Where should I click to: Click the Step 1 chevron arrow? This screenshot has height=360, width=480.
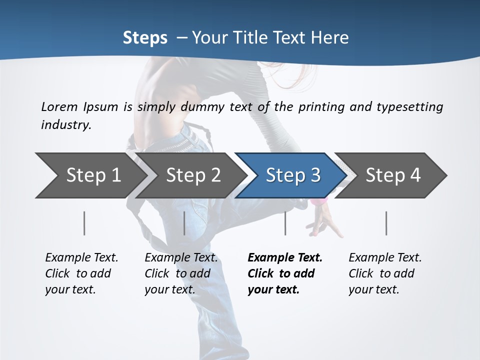(x=92, y=175)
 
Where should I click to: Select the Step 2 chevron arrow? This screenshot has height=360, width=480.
(x=193, y=175)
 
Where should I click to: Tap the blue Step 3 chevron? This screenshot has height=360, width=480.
(x=292, y=175)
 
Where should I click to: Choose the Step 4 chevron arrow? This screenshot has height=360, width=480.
(x=392, y=175)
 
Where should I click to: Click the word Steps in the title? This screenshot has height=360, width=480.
(x=145, y=37)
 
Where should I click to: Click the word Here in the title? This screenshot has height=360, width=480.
(x=329, y=37)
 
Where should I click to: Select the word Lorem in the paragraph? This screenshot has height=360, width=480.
(x=59, y=106)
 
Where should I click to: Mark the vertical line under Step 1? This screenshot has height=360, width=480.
(x=84, y=223)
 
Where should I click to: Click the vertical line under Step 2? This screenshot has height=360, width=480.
(x=184, y=223)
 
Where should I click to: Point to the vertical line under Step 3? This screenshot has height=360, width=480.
(x=285, y=223)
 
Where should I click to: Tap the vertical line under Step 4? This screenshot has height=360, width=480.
(x=386, y=223)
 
